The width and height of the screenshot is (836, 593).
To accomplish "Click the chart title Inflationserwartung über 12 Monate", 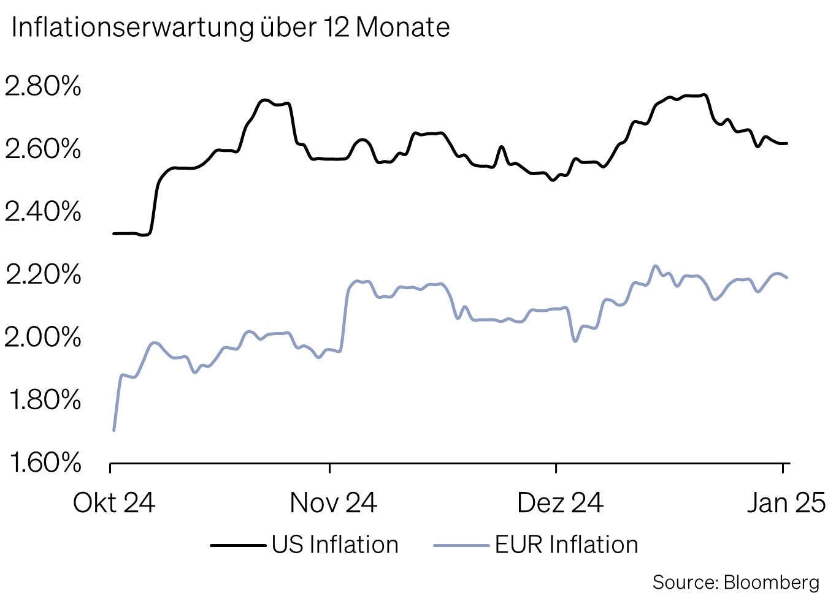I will pyautogui.click(x=231, y=28).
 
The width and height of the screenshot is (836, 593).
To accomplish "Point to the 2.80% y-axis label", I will pyautogui.click(x=43, y=86).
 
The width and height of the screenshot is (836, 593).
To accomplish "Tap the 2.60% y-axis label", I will pyautogui.click(x=43, y=149).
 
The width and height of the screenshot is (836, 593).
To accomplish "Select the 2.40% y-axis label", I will pyautogui.click(x=43, y=212).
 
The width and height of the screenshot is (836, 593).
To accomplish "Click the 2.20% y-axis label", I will pyautogui.click(x=43, y=274).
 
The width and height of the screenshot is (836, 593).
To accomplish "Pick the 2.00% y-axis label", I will pyautogui.click(x=43, y=337).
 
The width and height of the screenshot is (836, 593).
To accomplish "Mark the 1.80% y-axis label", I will pyautogui.click(x=44, y=400).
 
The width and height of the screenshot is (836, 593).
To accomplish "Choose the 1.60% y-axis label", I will pyautogui.click(x=44, y=463).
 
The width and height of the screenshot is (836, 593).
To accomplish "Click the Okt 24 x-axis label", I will pyautogui.click(x=114, y=503).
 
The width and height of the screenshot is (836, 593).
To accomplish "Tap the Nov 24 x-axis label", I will pyautogui.click(x=333, y=503).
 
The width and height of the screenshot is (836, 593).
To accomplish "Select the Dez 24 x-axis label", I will pyautogui.click(x=560, y=503).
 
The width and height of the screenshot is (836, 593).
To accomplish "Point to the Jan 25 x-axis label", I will pyautogui.click(x=786, y=503).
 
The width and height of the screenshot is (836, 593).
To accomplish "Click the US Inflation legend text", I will pyautogui.click(x=335, y=545).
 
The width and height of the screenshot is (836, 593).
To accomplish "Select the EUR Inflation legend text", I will pyautogui.click(x=566, y=545).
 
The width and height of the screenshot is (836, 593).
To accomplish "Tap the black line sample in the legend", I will pyautogui.click(x=238, y=545).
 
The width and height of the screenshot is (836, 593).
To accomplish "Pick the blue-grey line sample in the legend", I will pyautogui.click(x=461, y=545).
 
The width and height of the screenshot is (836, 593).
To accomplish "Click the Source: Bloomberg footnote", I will pyautogui.click(x=735, y=581).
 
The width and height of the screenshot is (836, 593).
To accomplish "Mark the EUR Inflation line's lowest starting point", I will pyautogui.click(x=114, y=430).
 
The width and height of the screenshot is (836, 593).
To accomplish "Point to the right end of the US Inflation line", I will pyautogui.click(x=787, y=143).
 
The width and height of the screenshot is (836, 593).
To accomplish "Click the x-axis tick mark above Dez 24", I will pyautogui.click(x=556, y=468).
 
